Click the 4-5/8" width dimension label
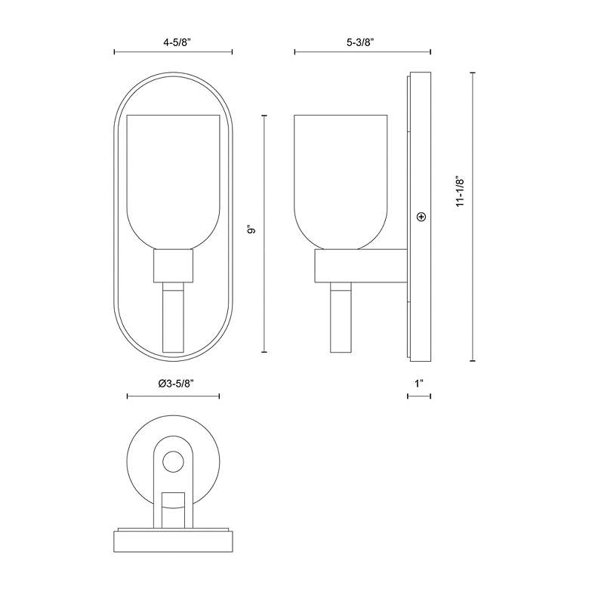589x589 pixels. tap(173, 43)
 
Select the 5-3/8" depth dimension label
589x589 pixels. tap(362, 43)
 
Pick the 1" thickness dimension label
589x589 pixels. tap(418, 384)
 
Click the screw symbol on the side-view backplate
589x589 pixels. tap(421, 217)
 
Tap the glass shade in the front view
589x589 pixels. tap(173, 181)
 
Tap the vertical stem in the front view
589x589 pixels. tap(173, 317)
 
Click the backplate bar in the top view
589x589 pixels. tap(173, 541)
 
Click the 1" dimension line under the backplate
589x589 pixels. tap(418, 396)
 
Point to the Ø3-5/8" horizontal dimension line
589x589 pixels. tap(173, 396)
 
